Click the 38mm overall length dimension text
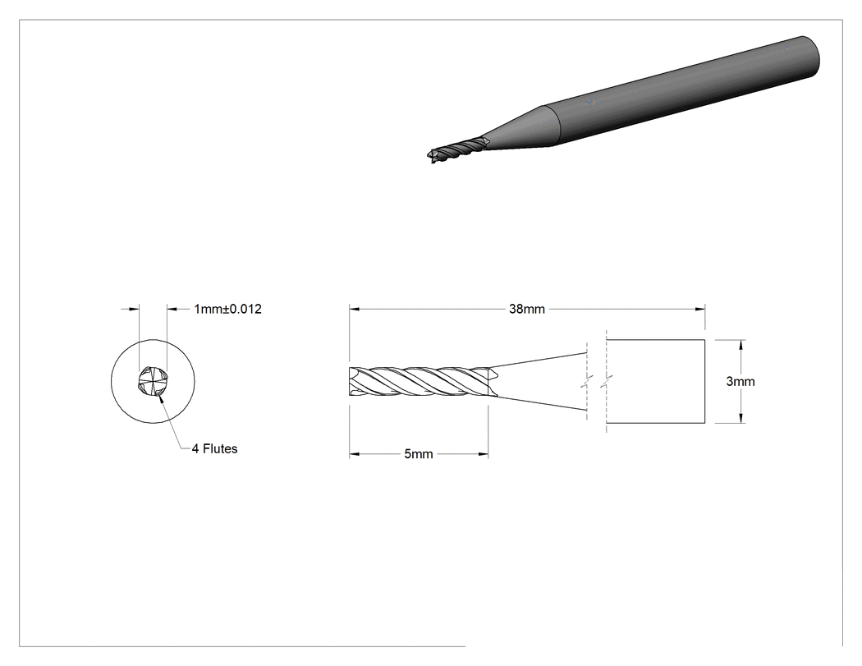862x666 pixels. (x=527, y=309)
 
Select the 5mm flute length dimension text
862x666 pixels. (x=419, y=454)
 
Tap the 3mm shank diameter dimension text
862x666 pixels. (x=740, y=382)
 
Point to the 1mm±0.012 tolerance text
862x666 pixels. (x=227, y=309)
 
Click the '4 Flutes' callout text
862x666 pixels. (x=215, y=448)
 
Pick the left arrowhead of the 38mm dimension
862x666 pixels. (x=354, y=309)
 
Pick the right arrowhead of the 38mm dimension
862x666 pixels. (x=699, y=309)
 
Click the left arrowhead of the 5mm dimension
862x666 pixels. (x=354, y=454)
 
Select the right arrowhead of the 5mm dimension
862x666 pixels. (x=484, y=454)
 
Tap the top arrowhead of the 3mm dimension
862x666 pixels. (x=741, y=345)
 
